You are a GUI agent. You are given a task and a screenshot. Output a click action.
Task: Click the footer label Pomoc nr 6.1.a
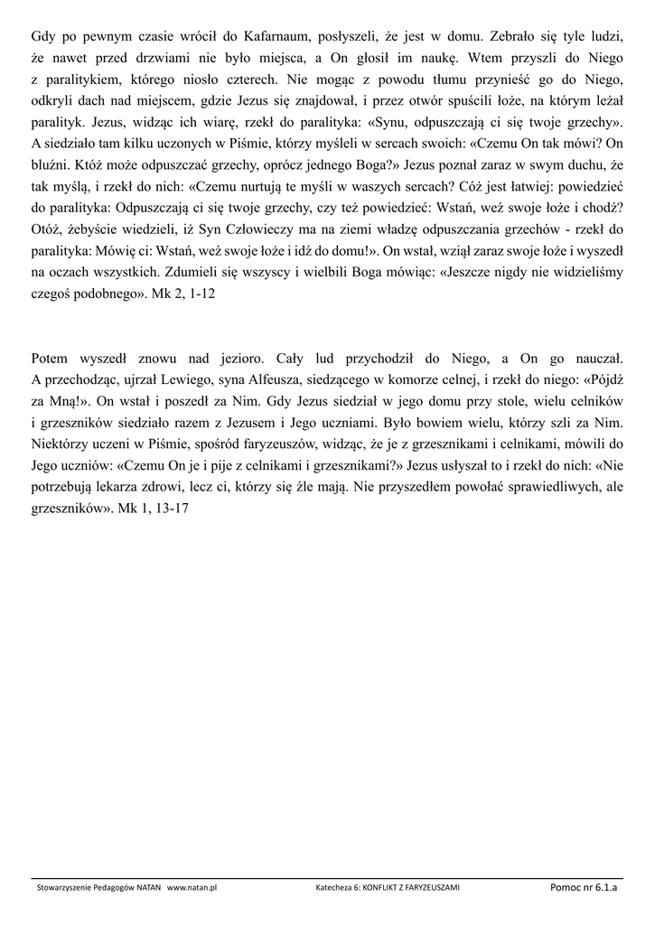pyautogui.click(x=583, y=887)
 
